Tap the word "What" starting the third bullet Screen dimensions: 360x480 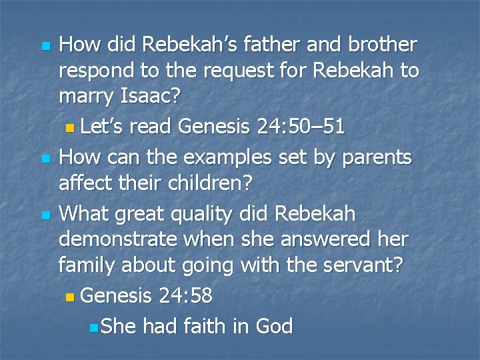pos(83,214)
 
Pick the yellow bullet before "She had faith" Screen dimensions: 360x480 pos(93,327)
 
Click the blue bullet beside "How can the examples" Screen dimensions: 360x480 pos(45,159)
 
